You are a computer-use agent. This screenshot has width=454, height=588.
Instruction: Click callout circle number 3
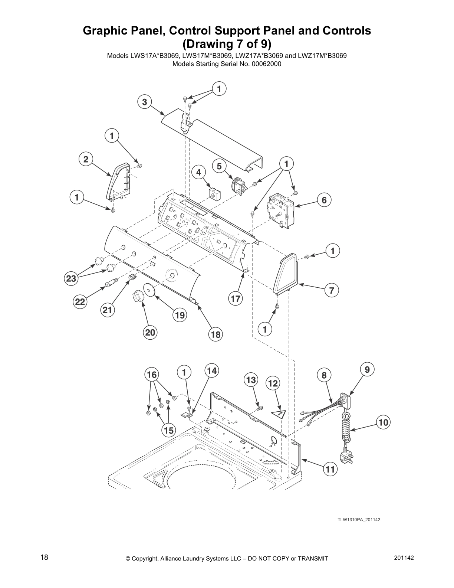(144, 102)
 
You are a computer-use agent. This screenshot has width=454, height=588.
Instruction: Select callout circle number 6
(324, 200)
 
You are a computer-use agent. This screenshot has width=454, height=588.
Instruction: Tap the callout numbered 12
(273, 383)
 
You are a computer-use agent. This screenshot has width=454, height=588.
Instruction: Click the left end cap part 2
(118, 181)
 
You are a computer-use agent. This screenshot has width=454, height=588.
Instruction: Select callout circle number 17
(235, 298)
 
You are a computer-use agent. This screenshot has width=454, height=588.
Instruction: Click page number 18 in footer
(44, 558)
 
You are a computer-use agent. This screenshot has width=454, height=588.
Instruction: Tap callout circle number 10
(384, 422)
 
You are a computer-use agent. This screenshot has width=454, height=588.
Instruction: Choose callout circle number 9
(367, 369)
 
